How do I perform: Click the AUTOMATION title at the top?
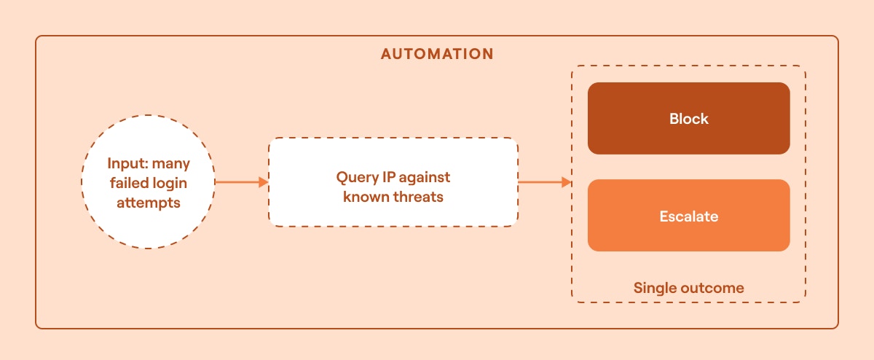437,55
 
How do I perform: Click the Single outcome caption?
688,288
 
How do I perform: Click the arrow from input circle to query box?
240,182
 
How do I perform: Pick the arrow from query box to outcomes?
543,182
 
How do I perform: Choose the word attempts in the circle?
148,203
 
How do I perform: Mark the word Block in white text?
688,119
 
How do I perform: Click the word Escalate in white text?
688,216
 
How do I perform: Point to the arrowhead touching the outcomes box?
567,182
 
